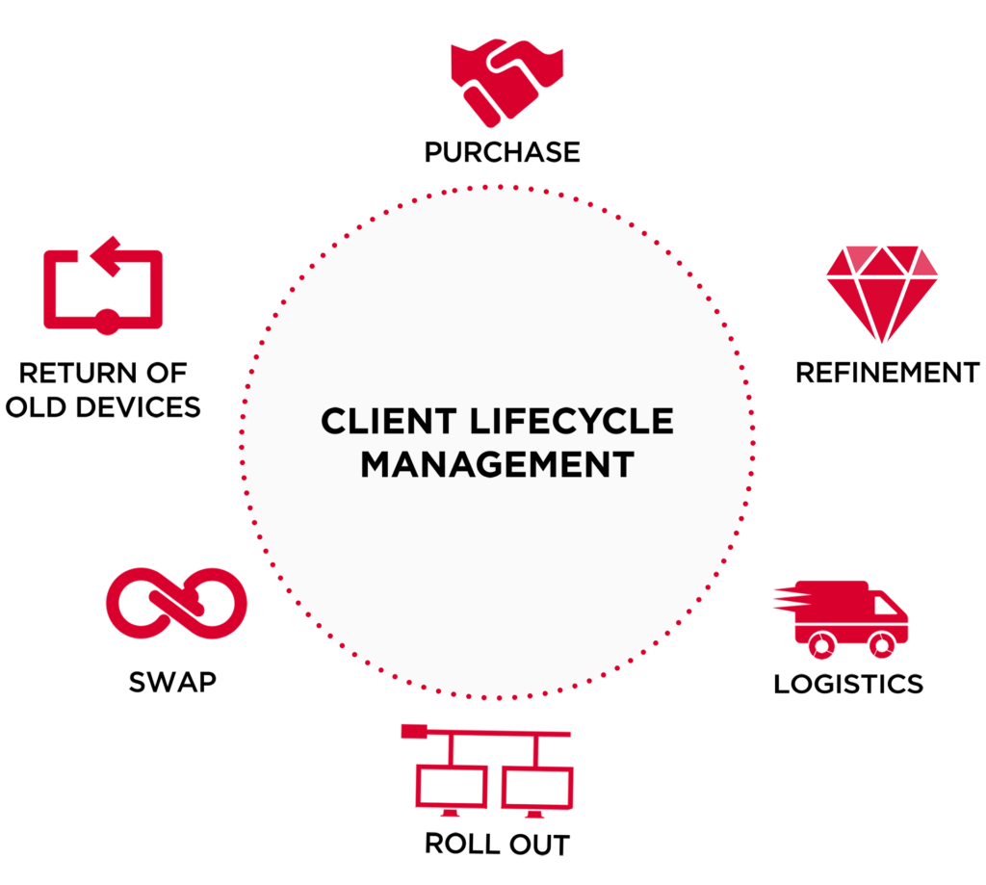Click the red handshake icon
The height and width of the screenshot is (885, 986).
[506, 82]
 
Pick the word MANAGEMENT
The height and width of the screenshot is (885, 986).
[497, 464]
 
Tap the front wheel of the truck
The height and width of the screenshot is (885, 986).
[881, 645]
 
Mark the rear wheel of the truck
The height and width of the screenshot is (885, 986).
[820, 645]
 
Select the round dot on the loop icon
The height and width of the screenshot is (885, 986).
[106, 322]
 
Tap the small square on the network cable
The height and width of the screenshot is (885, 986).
[409, 731]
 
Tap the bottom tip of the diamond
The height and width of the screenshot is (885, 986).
[882, 339]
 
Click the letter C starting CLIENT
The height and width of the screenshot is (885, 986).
[333, 421]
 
